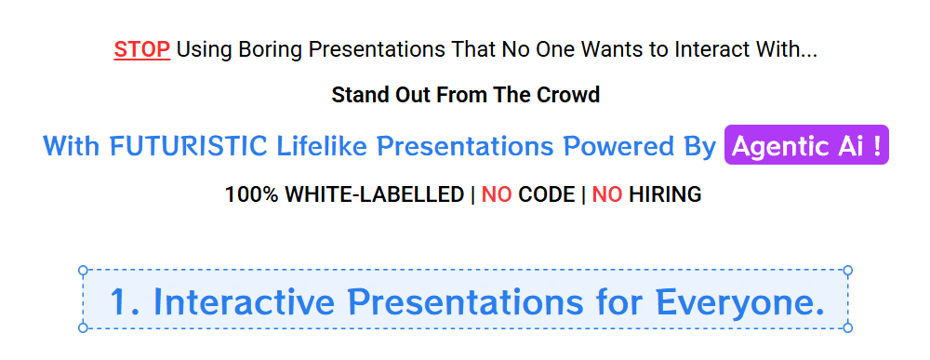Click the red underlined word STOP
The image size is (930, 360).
pos(142,50)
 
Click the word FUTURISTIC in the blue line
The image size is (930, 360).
pos(188,146)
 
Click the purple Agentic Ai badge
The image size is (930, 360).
pos(806,145)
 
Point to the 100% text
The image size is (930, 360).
pos(251,194)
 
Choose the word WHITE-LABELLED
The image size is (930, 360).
pos(375,194)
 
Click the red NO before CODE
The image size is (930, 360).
pos(497,194)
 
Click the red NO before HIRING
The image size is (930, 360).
pos(607,194)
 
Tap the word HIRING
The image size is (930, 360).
pos(666,194)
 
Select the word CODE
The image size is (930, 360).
pos(547,194)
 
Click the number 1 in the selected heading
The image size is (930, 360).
pos(120,301)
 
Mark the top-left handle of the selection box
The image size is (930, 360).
pos(83,271)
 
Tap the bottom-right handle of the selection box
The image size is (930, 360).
pos(847,327)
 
